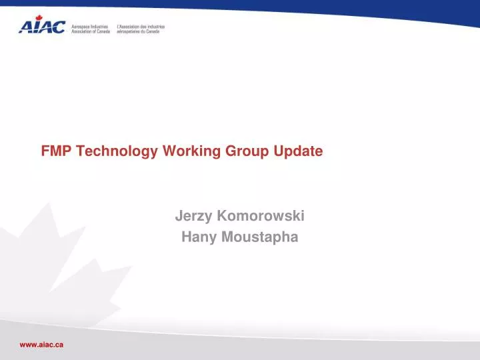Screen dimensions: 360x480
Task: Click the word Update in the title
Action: [298, 151]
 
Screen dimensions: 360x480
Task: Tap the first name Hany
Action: [197, 237]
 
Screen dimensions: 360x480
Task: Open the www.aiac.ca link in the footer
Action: [41, 344]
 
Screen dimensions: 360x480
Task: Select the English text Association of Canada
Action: [91, 31]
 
